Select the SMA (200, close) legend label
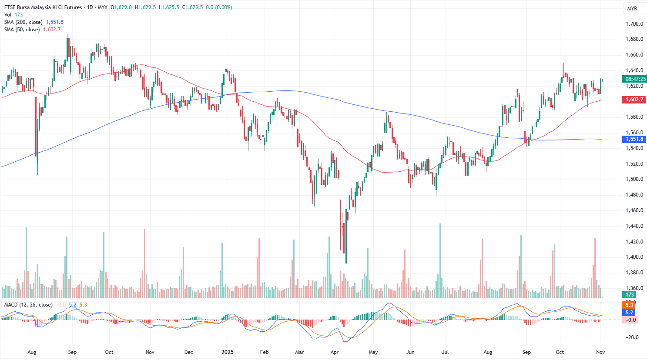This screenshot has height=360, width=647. (x=23, y=22)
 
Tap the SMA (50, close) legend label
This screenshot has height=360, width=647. (x=22, y=30)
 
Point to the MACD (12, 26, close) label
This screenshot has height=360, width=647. (x=28, y=305)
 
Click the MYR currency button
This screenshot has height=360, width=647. (x=632, y=9)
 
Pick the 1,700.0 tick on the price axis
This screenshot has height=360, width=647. (x=634, y=24)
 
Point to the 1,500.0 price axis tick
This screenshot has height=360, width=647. (x=634, y=179)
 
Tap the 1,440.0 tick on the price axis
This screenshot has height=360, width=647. (x=634, y=226)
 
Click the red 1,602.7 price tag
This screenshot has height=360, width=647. (x=634, y=100)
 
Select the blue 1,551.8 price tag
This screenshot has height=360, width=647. (x=634, y=139)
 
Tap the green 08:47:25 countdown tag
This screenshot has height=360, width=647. (x=635, y=79)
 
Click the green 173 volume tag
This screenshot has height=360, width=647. (x=630, y=295)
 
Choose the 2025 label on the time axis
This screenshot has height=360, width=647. (x=227, y=352)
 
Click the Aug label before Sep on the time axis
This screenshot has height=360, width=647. (x=32, y=352)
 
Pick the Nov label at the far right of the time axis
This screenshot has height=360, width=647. (x=600, y=352)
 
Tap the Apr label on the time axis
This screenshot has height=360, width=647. (x=335, y=352)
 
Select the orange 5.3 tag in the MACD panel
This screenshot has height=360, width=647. (x=630, y=305)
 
